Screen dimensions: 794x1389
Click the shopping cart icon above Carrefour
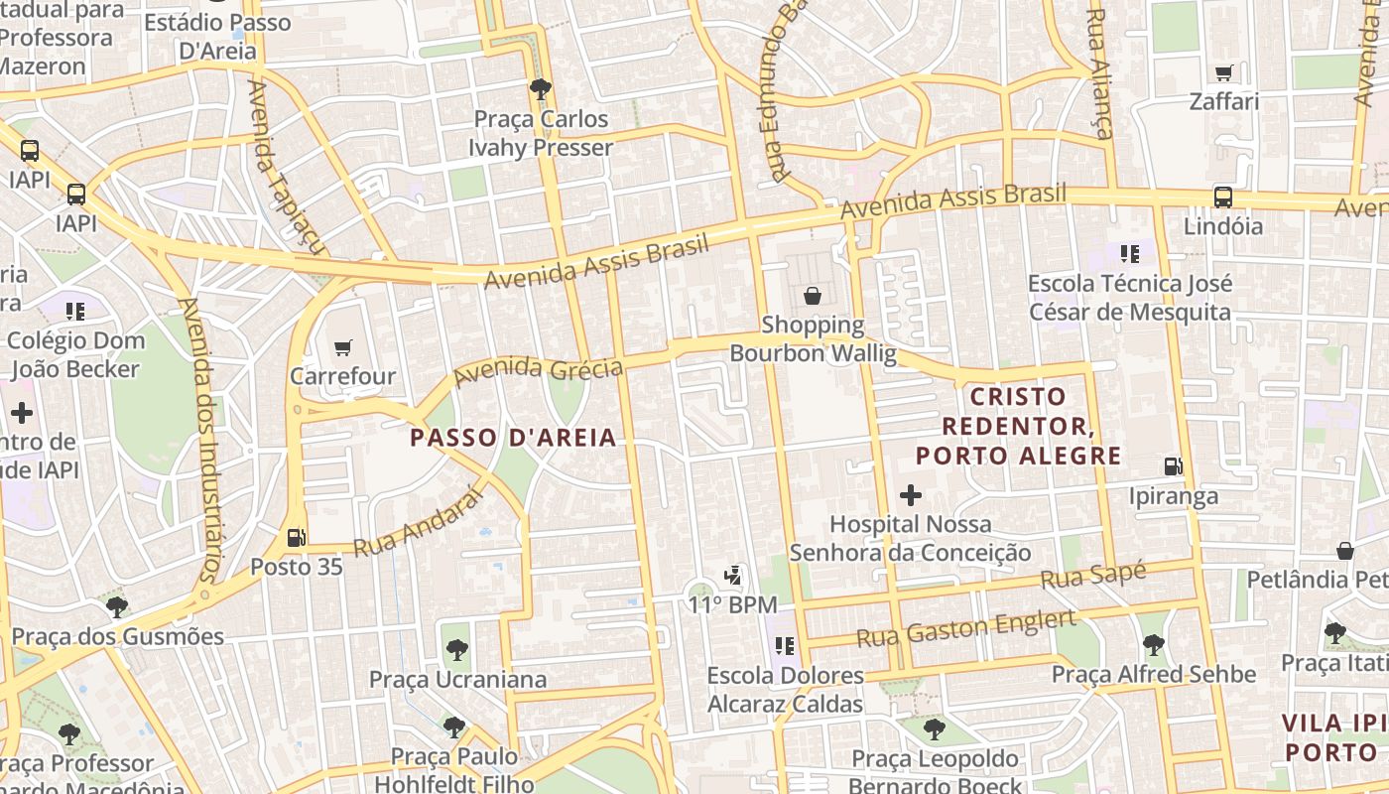(x=343, y=347)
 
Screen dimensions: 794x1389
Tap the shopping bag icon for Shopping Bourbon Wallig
(x=813, y=295)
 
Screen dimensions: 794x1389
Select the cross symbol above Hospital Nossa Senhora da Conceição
(x=910, y=494)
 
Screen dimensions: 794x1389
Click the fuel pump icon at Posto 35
(x=296, y=538)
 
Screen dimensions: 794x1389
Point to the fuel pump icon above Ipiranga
(x=1173, y=465)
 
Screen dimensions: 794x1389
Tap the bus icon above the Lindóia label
(x=1222, y=197)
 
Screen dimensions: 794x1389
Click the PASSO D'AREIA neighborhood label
(x=513, y=438)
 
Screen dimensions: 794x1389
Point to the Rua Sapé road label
(x=1093, y=576)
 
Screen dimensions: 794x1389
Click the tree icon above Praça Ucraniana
(x=457, y=650)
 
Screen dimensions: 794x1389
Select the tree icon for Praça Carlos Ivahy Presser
(x=541, y=89)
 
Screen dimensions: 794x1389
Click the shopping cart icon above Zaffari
(x=1224, y=72)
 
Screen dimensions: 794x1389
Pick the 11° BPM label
(x=732, y=604)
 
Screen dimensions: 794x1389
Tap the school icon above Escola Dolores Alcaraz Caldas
(x=785, y=646)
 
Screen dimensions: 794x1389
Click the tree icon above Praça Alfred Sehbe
(x=1153, y=645)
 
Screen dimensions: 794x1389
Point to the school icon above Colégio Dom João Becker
(x=75, y=312)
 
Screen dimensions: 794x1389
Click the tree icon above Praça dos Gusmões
(x=117, y=606)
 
